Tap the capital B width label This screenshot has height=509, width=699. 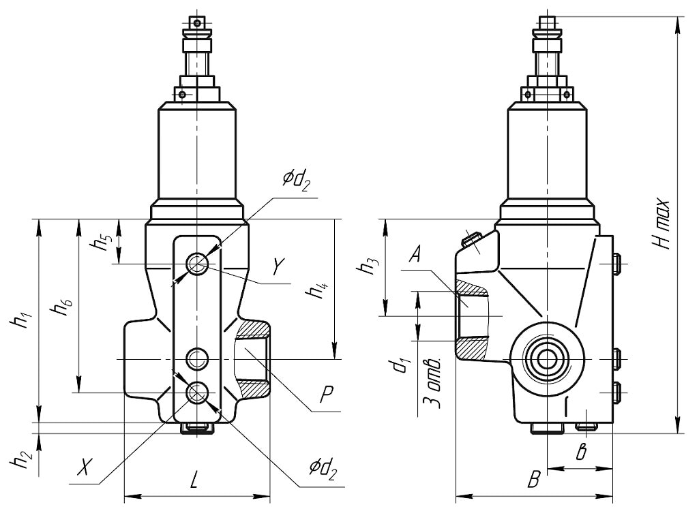[x=533, y=480]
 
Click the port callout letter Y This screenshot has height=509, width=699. [x=278, y=266]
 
